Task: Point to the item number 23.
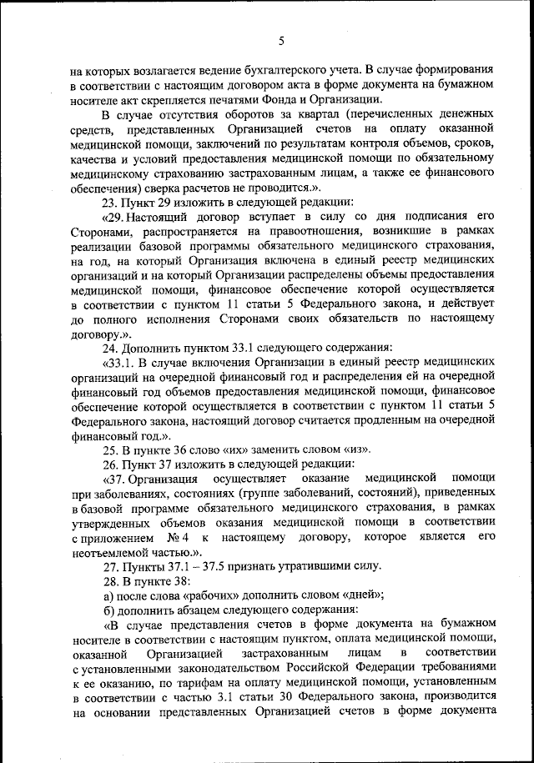[110, 200]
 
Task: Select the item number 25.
[110, 449]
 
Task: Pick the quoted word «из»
[356, 449]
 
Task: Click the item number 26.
[110, 463]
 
